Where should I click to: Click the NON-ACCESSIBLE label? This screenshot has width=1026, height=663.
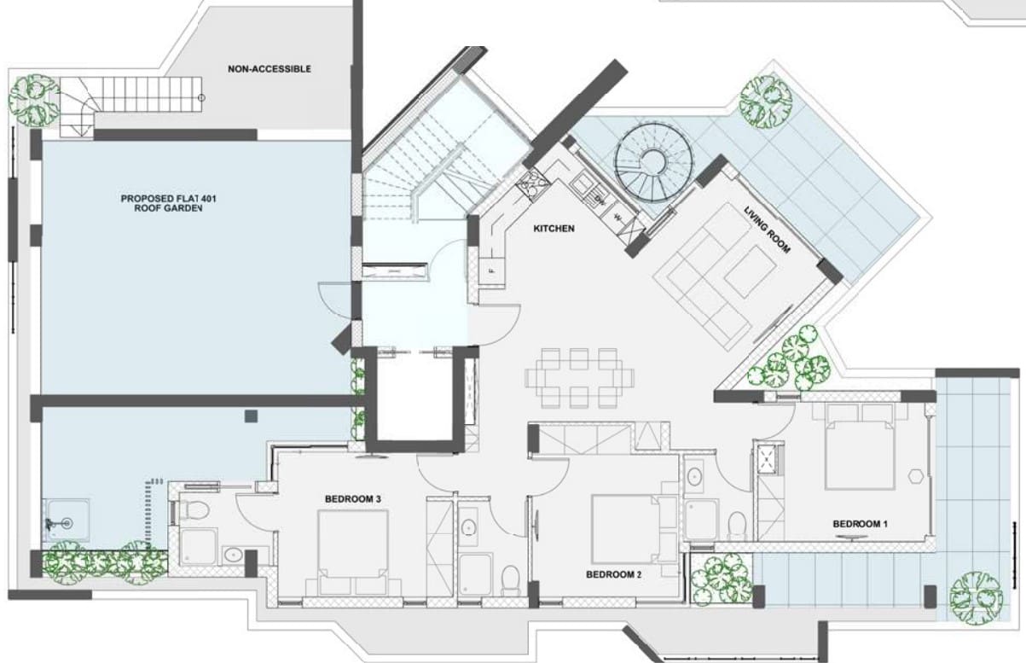point(270,69)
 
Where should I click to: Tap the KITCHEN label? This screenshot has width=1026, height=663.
point(554,228)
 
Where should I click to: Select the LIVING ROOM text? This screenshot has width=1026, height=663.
point(767,230)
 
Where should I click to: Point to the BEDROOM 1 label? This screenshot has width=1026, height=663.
point(860,524)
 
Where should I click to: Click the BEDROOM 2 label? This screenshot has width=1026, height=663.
point(614,574)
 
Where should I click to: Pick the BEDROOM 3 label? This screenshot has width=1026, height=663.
point(353,499)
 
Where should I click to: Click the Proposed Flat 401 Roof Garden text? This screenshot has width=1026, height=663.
point(168,203)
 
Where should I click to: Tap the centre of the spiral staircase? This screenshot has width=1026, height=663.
point(653,162)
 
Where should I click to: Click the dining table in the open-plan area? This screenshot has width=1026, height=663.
point(579,378)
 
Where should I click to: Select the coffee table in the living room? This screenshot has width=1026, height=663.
point(751,271)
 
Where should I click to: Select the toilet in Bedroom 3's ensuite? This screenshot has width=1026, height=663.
point(194,509)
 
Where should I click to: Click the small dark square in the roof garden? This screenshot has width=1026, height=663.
point(251,416)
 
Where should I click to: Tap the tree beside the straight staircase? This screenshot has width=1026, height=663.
point(34,101)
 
